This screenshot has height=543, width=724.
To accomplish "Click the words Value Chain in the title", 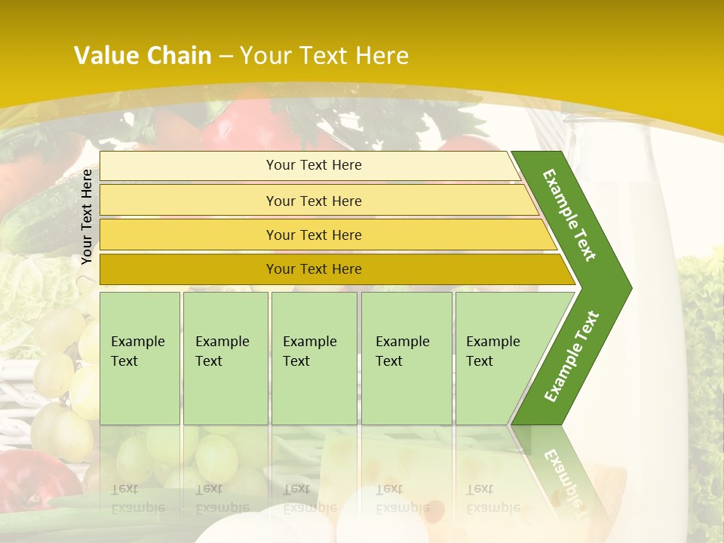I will pos(143,56).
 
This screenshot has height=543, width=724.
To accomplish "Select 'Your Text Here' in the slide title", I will pos(324,56).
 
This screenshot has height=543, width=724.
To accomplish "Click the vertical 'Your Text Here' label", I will pos(87,216).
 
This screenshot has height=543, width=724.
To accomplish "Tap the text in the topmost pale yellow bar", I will pos(314,165).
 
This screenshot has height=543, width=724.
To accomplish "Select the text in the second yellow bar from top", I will pos(314,201).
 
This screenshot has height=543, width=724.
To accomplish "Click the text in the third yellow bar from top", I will pos(314,235).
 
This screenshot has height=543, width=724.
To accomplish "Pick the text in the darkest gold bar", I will pos(314,269).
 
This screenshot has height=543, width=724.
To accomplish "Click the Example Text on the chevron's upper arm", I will pos(570,215).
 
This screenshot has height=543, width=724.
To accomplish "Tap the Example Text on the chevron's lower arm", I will pos(572,357).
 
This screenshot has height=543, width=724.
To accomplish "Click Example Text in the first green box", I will pos(137,351).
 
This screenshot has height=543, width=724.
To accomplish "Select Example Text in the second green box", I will pos(222,351).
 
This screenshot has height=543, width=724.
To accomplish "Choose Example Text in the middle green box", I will pos(309,351).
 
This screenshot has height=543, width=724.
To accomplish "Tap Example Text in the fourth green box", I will pos(402,351).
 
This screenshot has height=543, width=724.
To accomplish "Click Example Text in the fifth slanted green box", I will pos(492,351).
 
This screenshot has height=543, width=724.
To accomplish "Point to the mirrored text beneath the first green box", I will pos(137,499).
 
